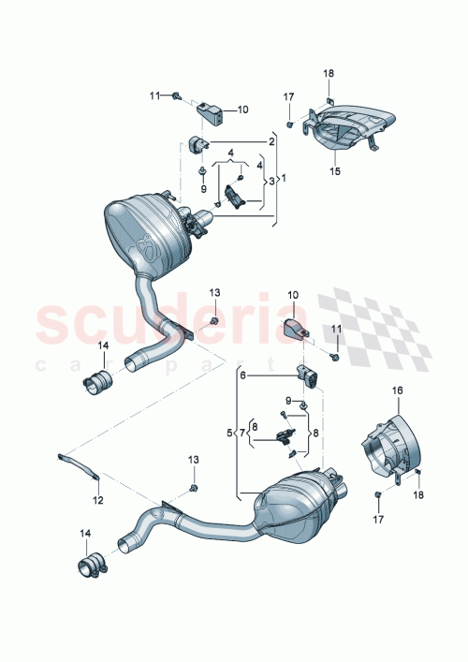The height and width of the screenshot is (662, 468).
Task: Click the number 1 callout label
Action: [285, 178]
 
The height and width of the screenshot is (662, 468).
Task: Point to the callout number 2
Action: [271, 141]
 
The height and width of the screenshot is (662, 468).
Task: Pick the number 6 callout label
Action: [241, 375]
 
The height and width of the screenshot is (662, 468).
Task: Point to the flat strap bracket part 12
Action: [79, 463]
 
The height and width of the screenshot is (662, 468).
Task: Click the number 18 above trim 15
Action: [328, 73]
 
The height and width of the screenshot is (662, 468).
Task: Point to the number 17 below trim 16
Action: [377, 517]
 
